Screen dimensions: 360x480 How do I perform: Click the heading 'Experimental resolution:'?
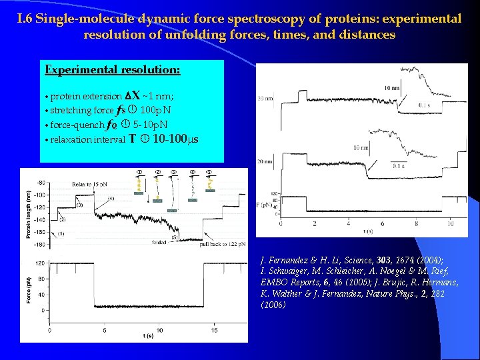tap(112, 69)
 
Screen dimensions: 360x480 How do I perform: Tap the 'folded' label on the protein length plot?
tap(159, 243)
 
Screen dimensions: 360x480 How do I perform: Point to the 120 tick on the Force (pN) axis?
tap(41, 263)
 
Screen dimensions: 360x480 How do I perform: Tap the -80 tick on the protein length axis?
tap(41, 182)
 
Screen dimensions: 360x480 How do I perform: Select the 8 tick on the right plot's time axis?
tap(417, 223)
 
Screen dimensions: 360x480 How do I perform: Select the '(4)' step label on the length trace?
tap(110, 198)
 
